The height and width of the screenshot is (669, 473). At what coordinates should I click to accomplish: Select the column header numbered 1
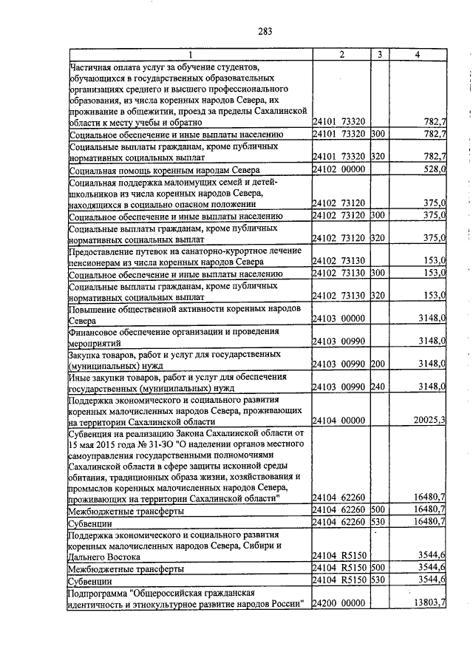click(190, 54)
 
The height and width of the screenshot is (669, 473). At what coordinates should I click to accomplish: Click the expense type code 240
click(378, 387)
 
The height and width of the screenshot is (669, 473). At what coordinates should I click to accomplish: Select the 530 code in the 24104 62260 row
click(378, 522)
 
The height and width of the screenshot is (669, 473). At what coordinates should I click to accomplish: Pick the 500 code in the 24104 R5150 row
click(378, 568)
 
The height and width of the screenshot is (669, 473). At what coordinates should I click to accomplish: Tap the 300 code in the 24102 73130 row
click(378, 274)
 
